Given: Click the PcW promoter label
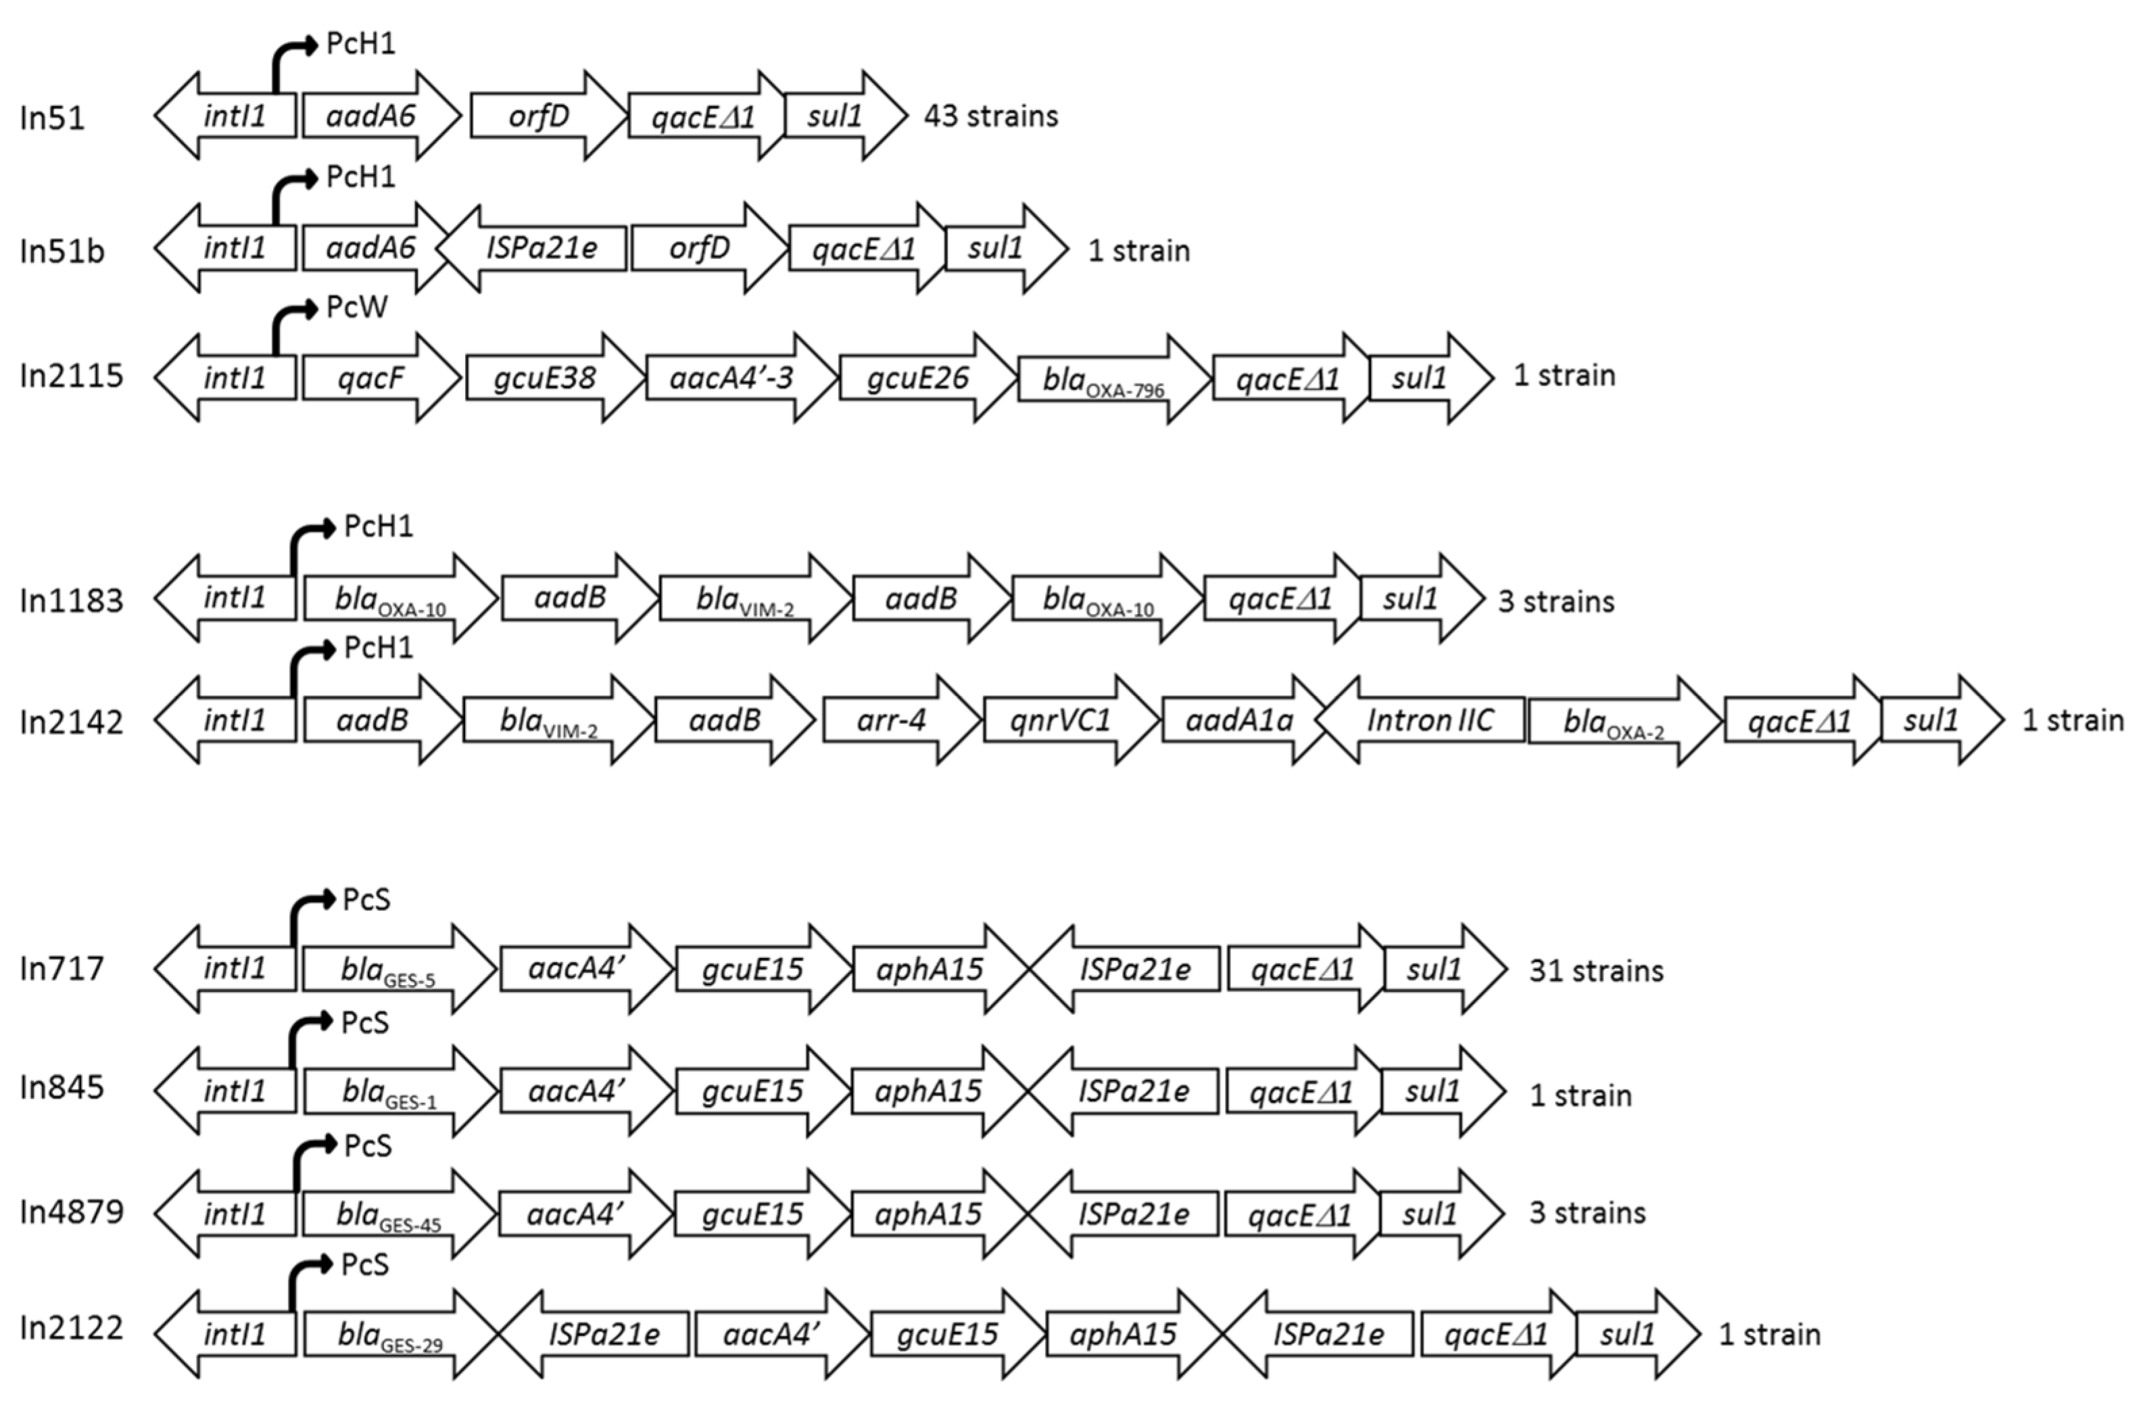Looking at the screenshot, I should [357, 308].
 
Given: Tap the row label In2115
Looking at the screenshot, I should [71, 376].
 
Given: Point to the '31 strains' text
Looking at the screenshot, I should [1596, 971].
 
